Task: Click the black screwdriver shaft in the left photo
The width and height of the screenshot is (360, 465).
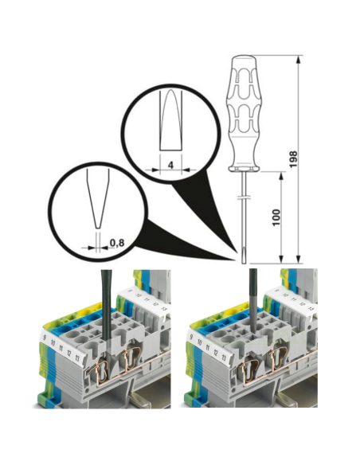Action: pos(103,303)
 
